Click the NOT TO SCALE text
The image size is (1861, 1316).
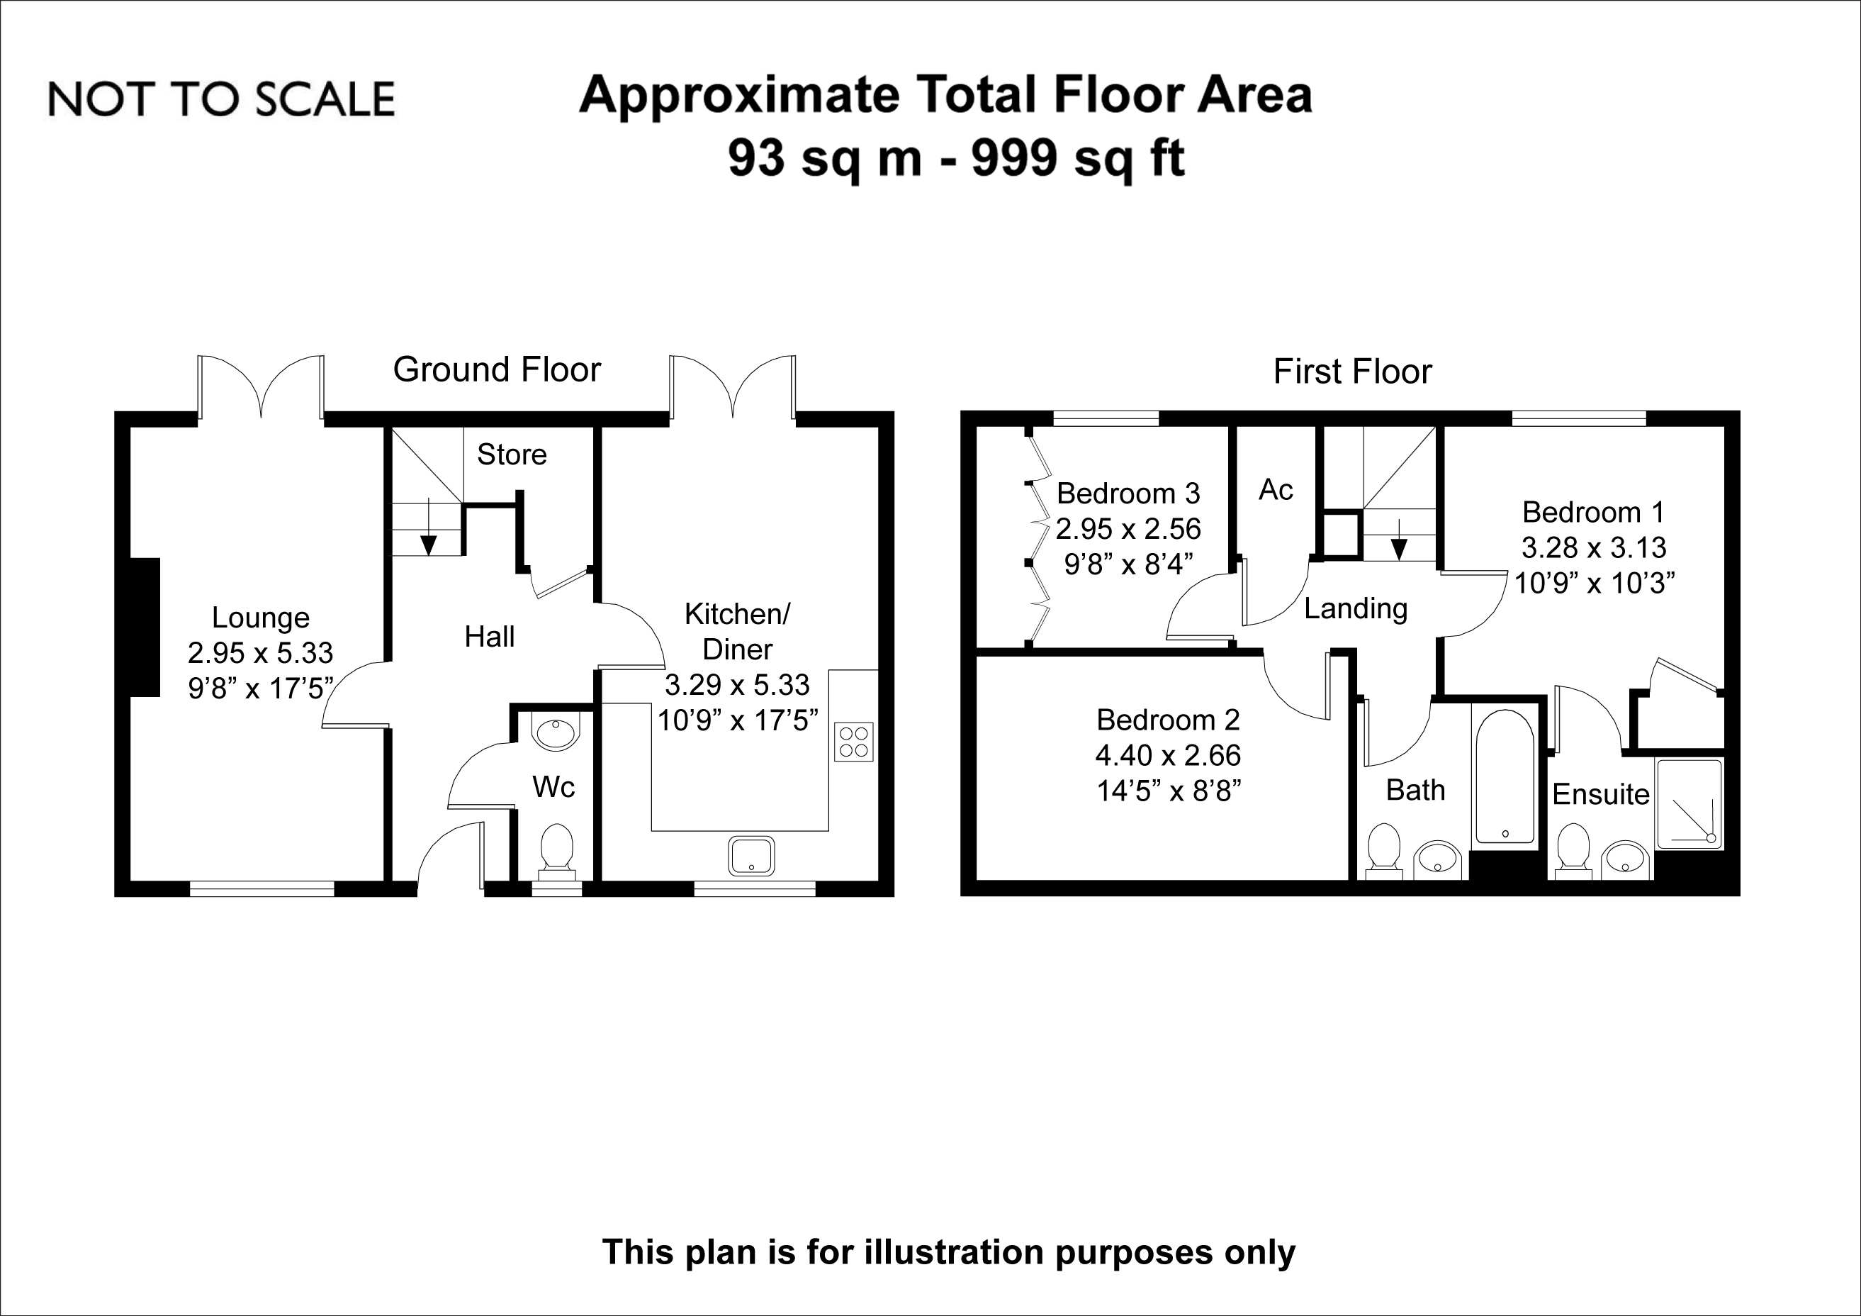point(221,99)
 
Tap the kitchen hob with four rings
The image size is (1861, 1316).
point(853,741)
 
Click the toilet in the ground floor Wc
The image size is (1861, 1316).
point(557,851)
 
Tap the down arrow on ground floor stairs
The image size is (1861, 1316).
point(428,527)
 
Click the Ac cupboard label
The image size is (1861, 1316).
point(1275,490)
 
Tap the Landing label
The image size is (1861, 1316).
point(1355,608)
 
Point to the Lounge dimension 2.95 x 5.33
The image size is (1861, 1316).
point(260,653)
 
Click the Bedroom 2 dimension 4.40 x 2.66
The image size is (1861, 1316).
point(1168,755)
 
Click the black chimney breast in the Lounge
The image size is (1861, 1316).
point(145,627)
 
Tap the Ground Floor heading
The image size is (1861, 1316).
point(497,369)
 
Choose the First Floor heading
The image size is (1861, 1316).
point(1352,372)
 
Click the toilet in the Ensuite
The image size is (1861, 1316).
point(1573,851)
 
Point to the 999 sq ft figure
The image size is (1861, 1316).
point(1078,158)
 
